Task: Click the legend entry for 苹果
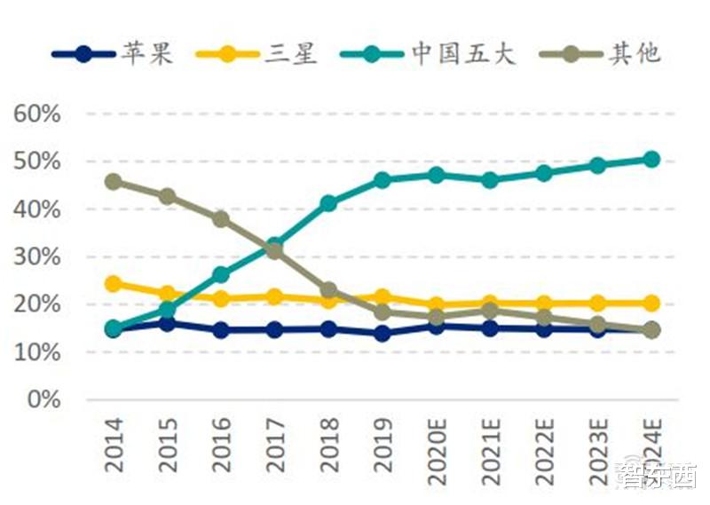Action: coord(111,53)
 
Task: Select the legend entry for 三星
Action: coord(257,53)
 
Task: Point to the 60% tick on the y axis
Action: coord(36,114)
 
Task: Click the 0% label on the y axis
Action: coord(43,400)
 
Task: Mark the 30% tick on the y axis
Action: coord(36,257)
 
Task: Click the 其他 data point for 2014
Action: coord(114,182)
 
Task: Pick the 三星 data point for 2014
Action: coord(114,284)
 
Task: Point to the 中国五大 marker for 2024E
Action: coord(651,160)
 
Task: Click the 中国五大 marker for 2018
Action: coord(328,203)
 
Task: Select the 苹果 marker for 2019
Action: coord(383,334)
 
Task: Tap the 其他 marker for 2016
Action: coord(221,219)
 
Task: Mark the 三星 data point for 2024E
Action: coord(651,303)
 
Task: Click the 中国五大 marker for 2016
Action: coord(221,275)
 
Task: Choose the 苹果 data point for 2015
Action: coord(167,324)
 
